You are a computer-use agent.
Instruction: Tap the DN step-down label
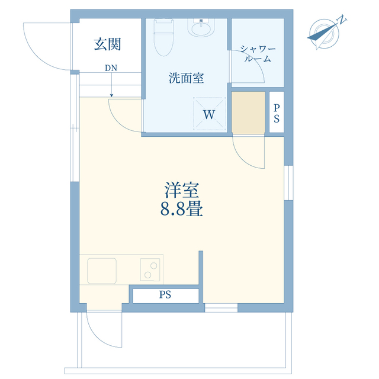point(111,68)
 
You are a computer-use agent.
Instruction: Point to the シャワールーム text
point(256,53)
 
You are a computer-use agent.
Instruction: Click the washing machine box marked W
point(209,114)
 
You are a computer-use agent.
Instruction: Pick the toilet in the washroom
point(163,36)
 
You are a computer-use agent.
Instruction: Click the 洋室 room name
point(181,191)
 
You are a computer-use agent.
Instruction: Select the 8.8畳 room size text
point(181,209)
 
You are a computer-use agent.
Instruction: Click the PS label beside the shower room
point(276,112)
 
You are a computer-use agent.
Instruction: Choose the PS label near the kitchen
point(165,294)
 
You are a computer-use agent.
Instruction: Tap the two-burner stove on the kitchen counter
point(150,270)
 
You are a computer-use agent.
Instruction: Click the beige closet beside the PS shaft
point(249,112)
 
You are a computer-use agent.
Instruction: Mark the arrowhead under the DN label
point(111,94)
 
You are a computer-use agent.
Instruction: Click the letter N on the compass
point(342,20)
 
